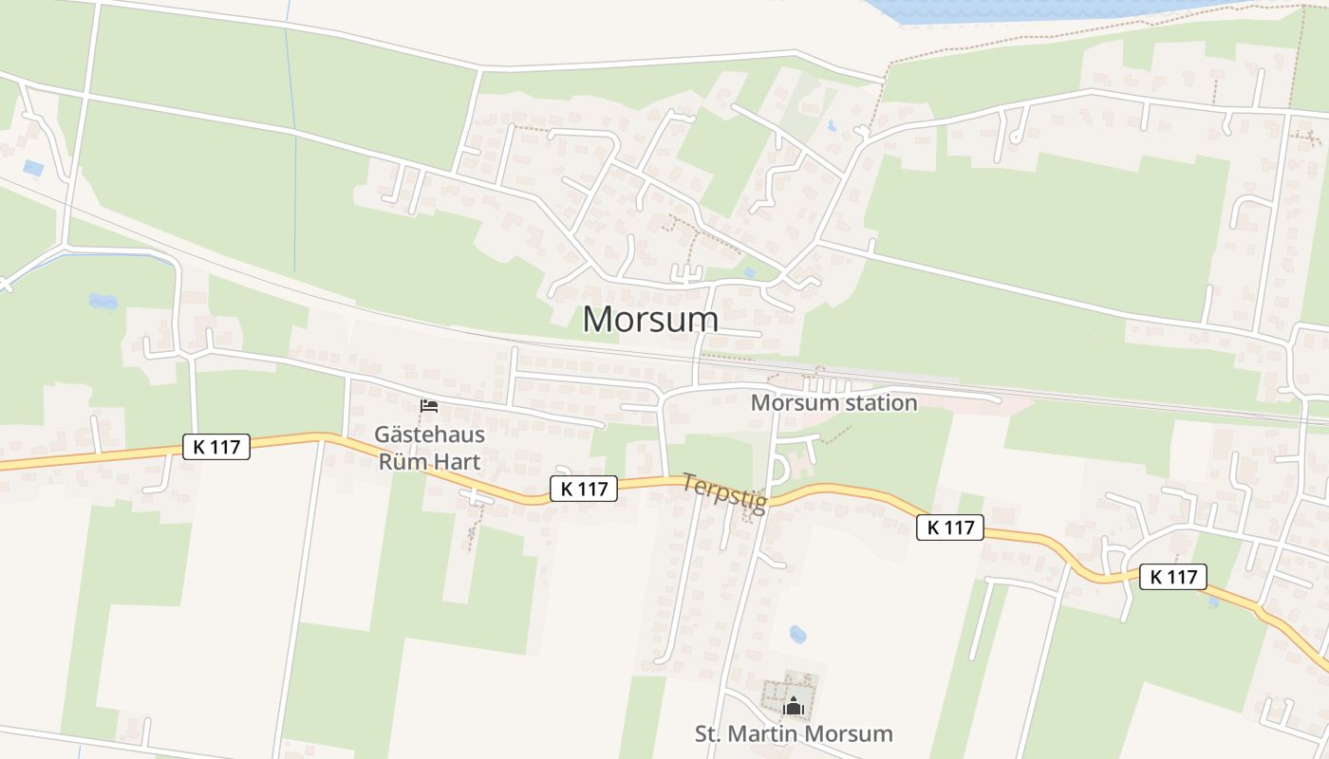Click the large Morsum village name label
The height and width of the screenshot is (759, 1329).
point(649,320)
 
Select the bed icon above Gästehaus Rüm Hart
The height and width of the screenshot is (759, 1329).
point(429,406)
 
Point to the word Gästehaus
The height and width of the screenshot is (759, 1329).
point(429,435)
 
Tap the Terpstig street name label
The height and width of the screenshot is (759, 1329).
point(724,493)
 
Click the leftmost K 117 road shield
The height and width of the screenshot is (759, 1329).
point(216,447)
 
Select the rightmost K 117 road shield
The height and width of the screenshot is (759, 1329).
point(1173,576)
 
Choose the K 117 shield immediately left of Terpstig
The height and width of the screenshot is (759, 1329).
point(584,489)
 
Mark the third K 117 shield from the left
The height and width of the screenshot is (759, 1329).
point(949,528)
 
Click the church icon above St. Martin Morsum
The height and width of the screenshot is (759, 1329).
point(793,706)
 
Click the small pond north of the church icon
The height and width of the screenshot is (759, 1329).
point(798,634)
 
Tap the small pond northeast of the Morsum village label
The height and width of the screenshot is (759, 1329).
point(750,273)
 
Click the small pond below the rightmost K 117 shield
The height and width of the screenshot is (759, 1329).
point(1214,602)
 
